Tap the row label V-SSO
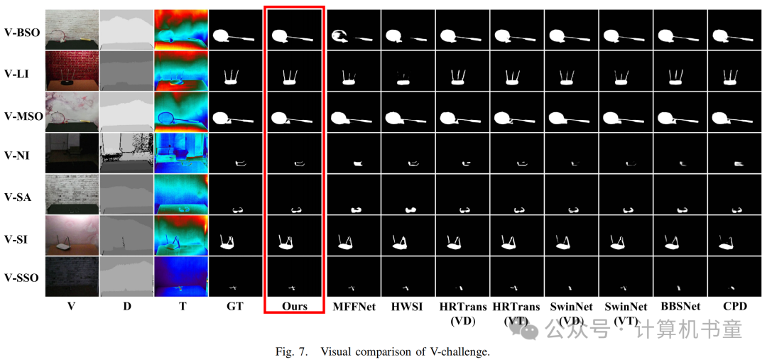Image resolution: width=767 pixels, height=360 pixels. pyautogui.click(x=22, y=278)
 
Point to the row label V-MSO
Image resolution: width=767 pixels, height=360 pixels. pyautogui.click(x=23, y=114)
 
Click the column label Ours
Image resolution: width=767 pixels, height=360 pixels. pyautogui.click(x=294, y=306)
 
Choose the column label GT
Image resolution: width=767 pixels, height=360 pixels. pyautogui.click(x=236, y=306)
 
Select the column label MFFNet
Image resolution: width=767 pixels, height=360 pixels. pyautogui.click(x=353, y=306)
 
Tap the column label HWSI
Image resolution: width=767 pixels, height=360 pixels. pyautogui.click(x=407, y=306)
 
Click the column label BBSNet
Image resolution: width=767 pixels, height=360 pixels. pyautogui.click(x=681, y=306)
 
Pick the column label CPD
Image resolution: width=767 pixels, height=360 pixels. pyautogui.click(x=736, y=306)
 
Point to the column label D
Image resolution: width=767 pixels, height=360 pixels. pyautogui.click(x=126, y=306)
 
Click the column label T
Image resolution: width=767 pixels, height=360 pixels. pyautogui.click(x=182, y=306)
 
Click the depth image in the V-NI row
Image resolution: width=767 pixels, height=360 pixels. pyautogui.click(x=126, y=153)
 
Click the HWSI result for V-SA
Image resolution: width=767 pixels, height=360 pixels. pyautogui.click(x=407, y=194)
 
